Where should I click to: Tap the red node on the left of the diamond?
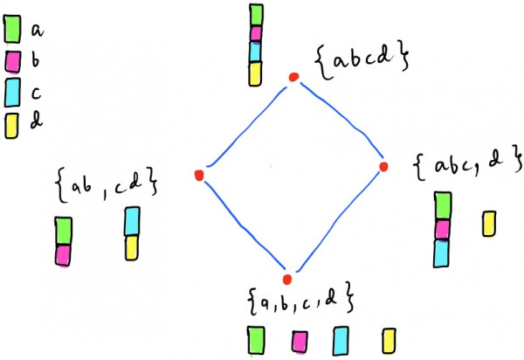point(199,176)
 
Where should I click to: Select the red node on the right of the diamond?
point(382,166)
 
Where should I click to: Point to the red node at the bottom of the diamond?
point(286,279)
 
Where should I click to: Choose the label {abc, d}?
point(459,164)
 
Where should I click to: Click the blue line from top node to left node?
point(246,126)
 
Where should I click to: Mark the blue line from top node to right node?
point(339,121)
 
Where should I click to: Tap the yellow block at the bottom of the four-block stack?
point(255,74)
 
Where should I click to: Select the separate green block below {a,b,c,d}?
point(256,339)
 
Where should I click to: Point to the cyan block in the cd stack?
point(132,221)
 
